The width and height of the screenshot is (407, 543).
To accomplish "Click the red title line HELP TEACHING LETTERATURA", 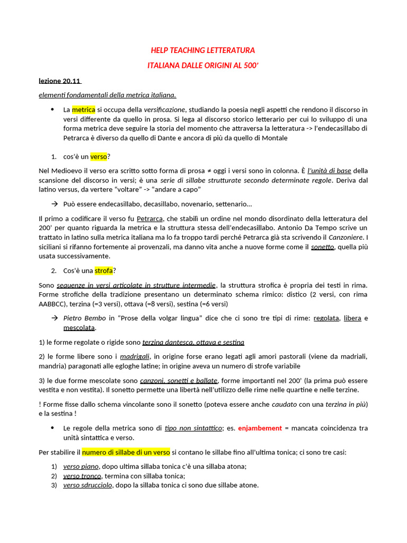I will pyautogui.click(x=203, y=50).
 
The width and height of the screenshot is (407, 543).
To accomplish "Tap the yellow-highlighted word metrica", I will pyautogui.click(x=84, y=110).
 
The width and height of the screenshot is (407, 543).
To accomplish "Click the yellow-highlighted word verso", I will pyautogui.click(x=99, y=156).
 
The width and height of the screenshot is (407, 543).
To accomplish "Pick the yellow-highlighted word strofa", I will pyautogui.click(x=104, y=271).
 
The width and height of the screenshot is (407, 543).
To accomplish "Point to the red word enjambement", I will pyautogui.click(x=260, y=428).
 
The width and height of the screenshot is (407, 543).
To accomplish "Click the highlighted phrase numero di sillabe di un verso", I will pyautogui.click(x=126, y=452).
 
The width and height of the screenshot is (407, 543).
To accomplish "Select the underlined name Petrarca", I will pyautogui.click(x=150, y=218).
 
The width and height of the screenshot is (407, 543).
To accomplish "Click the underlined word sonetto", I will pyautogui.click(x=322, y=247).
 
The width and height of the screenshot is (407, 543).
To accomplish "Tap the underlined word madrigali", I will pyautogui.click(x=135, y=356).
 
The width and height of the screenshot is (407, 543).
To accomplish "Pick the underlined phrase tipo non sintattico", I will pyautogui.click(x=193, y=428).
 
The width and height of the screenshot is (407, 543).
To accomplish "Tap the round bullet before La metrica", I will pyautogui.click(x=52, y=109).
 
